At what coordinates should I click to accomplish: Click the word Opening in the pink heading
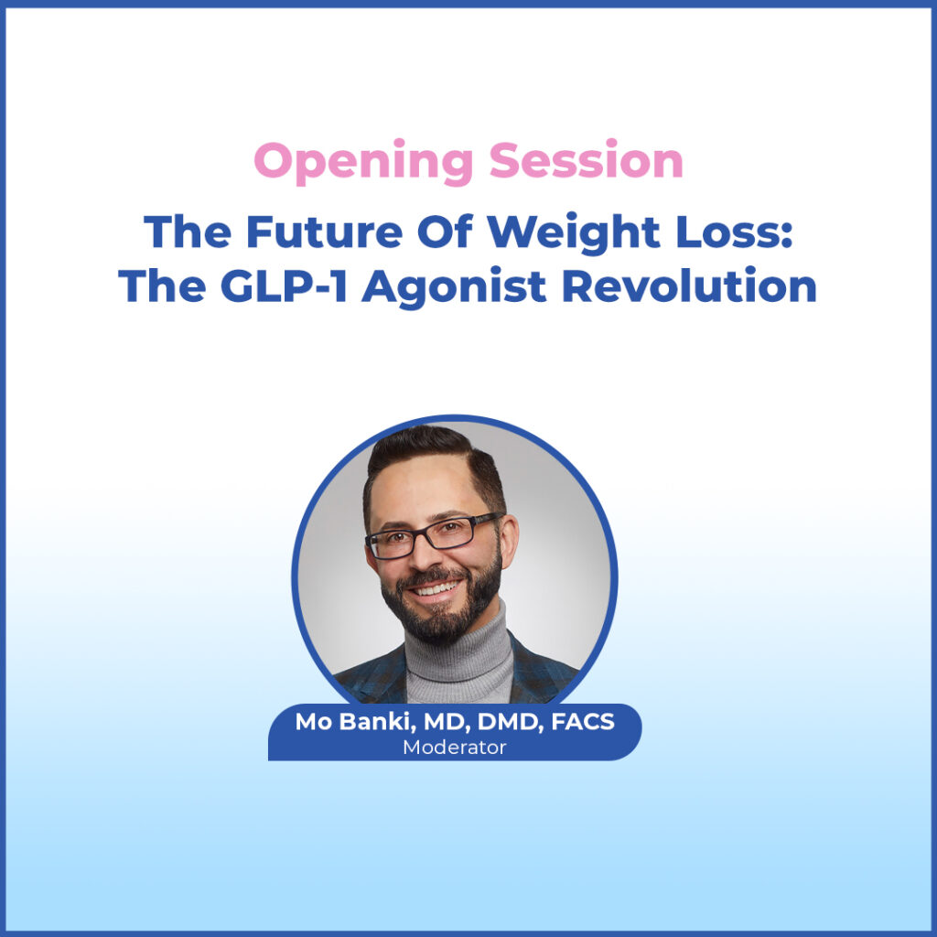point(363,162)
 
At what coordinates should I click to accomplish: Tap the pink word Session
point(587,160)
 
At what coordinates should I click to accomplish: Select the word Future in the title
point(325,232)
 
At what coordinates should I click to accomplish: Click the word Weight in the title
point(574,233)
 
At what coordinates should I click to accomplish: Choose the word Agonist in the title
point(454,288)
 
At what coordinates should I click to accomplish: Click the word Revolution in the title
point(689,285)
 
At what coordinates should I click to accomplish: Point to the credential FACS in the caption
point(583,722)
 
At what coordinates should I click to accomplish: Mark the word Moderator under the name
point(454,747)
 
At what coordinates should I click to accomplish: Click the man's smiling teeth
point(436,590)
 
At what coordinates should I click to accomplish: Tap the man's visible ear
point(509,541)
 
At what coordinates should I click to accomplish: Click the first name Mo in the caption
point(314,722)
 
